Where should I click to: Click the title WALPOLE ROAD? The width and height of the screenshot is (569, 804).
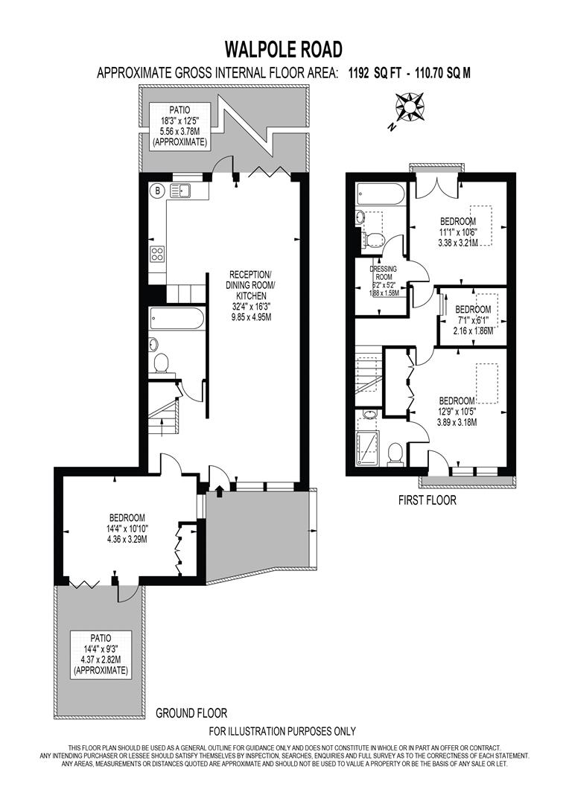[284, 50]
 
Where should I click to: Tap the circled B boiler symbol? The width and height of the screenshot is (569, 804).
[158, 191]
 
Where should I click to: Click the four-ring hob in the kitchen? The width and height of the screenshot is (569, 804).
[158, 254]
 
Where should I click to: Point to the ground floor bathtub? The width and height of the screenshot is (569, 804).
[177, 319]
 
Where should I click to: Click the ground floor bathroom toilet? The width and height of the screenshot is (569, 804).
[160, 363]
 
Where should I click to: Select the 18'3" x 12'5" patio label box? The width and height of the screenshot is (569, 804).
[179, 126]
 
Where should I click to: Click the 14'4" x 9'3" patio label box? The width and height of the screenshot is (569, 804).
[101, 654]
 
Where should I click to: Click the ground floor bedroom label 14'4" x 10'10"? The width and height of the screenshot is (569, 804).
[127, 528]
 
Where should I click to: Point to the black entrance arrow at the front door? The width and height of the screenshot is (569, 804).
[219, 489]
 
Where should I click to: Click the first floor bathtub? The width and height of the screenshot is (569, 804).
[381, 195]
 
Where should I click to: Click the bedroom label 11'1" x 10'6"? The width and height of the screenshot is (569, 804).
[457, 231]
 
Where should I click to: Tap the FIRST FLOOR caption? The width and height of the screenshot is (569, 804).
[427, 500]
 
